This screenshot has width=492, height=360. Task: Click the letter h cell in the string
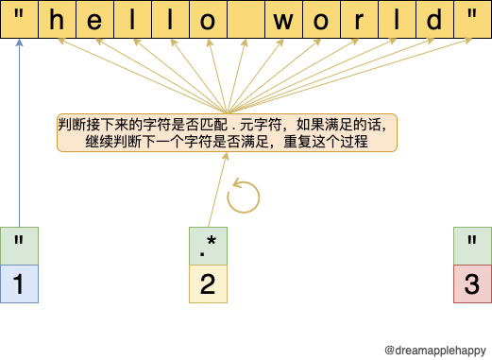tap(57, 20)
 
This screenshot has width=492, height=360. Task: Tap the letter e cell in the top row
tap(94, 20)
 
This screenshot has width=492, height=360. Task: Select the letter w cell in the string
tap(283, 20)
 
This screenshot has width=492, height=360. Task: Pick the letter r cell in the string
tap(359, 20)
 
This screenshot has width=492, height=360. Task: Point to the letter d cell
tap(434, 20)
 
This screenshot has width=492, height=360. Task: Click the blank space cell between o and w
tap(246, 20)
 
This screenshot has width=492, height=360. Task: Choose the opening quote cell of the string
tap(19, 20)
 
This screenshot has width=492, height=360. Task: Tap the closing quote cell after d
tap(471, 20)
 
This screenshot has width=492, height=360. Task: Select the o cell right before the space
tap(208, 20)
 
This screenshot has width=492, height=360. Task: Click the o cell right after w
tap(321, 20)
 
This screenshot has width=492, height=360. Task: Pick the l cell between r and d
tap(397, 20)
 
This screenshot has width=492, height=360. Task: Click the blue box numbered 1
tap(19, 283)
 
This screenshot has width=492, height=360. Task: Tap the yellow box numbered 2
tap(208, 283)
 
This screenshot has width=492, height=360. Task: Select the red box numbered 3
tap(472, 283)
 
